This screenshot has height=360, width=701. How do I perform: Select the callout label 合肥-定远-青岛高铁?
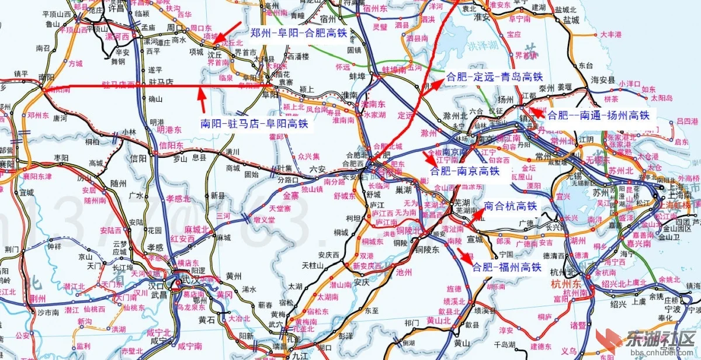[x=494, y=77]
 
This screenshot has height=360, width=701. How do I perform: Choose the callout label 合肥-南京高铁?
[x=465, y=171]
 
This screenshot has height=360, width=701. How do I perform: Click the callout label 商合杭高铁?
[x=511, y=206]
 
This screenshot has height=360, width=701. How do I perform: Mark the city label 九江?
[x=300, y=354]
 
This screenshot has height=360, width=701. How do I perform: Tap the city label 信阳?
[x=138, y=158]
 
